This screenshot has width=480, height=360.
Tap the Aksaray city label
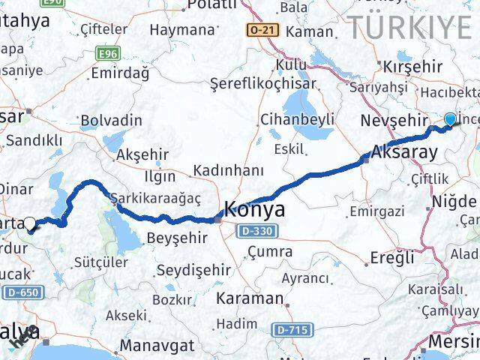pos(404,151)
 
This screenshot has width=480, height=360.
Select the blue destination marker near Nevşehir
pos(450,119)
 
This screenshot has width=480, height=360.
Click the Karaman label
pos(250,298)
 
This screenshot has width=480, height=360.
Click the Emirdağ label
pos(119,73)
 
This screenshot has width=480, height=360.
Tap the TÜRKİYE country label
pos(409,28)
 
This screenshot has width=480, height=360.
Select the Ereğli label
pos(391,258)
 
